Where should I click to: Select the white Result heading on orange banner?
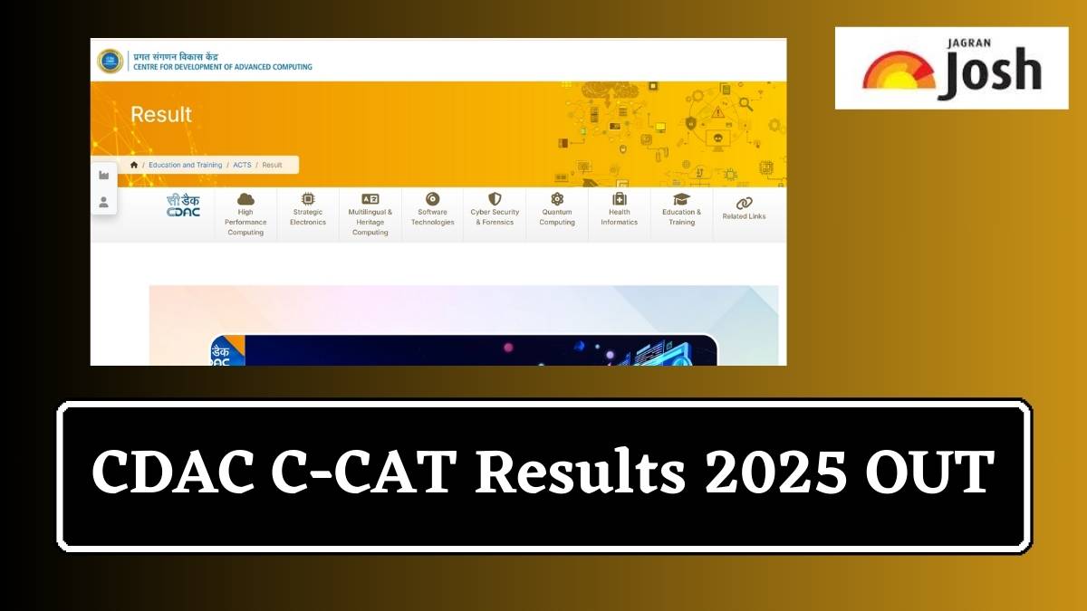[161, 115]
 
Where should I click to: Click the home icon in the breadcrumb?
[134, 165]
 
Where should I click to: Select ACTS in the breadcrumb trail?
[242, 165]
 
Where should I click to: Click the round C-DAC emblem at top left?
[111, 61]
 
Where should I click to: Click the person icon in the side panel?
[103, 202]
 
